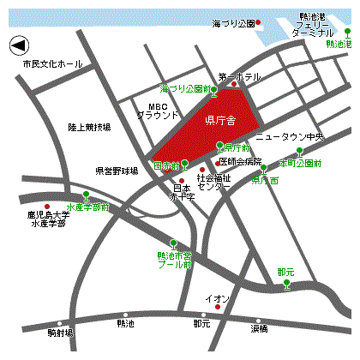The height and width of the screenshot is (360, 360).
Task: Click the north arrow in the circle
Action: point(19,44)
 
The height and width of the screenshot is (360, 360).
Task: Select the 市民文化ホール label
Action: point(52,64)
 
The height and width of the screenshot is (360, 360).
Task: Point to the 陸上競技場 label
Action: point(89,127)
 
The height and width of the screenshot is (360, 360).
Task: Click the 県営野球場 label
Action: point(117,171)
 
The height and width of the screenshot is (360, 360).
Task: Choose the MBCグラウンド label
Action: point(158,110)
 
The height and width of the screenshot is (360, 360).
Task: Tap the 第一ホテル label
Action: point(239,76)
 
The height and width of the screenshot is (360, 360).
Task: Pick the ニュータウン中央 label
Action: point(290,136)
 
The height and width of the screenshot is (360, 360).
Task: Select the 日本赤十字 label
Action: point(182,192)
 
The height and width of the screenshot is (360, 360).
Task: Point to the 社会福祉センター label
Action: point(213,182)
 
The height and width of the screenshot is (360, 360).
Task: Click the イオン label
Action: point(217,297)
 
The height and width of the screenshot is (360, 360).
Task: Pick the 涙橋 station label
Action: point(260,328)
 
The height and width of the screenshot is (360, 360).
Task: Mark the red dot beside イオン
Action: point(218,306)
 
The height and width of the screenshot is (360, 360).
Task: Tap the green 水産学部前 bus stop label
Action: point(88,207)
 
